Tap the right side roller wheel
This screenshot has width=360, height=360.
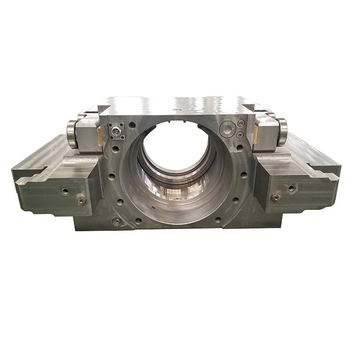pyautogui.click(x=282, y=131)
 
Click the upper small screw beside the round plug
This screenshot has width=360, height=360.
pyautogui.click(x=241, y=123)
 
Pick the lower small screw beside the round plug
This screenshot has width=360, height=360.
pyautogui.click(x=240, y=135)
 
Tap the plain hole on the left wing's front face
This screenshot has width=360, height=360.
pyautogui.click(x=66, y=191)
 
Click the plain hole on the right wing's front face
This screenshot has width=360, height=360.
pyautogui.click(x=292, y=188)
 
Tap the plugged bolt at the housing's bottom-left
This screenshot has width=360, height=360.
pyautogui.click(x=117, y=221)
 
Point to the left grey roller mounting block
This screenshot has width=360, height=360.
pyautogui.click(x=87, y=135)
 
